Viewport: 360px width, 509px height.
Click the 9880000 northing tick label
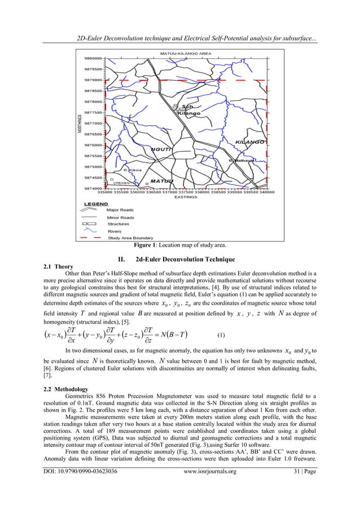pyautogui.click(x=94, y=58)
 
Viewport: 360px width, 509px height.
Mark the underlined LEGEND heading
pyautogui.click(x=96, y=203)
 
